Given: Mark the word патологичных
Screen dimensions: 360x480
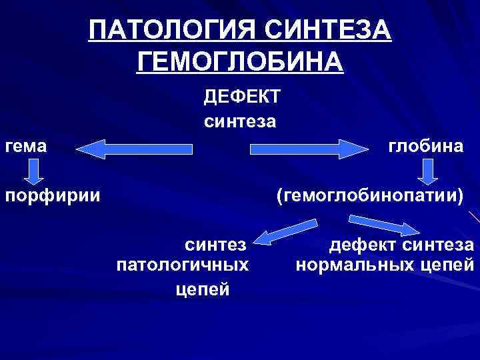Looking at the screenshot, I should click(183, 265).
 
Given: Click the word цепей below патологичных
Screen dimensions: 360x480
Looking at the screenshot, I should click(203, 289).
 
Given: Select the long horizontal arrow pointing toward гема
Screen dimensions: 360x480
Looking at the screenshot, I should click(134, 148).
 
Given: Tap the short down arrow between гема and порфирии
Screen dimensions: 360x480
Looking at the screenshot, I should click(33, 172).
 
